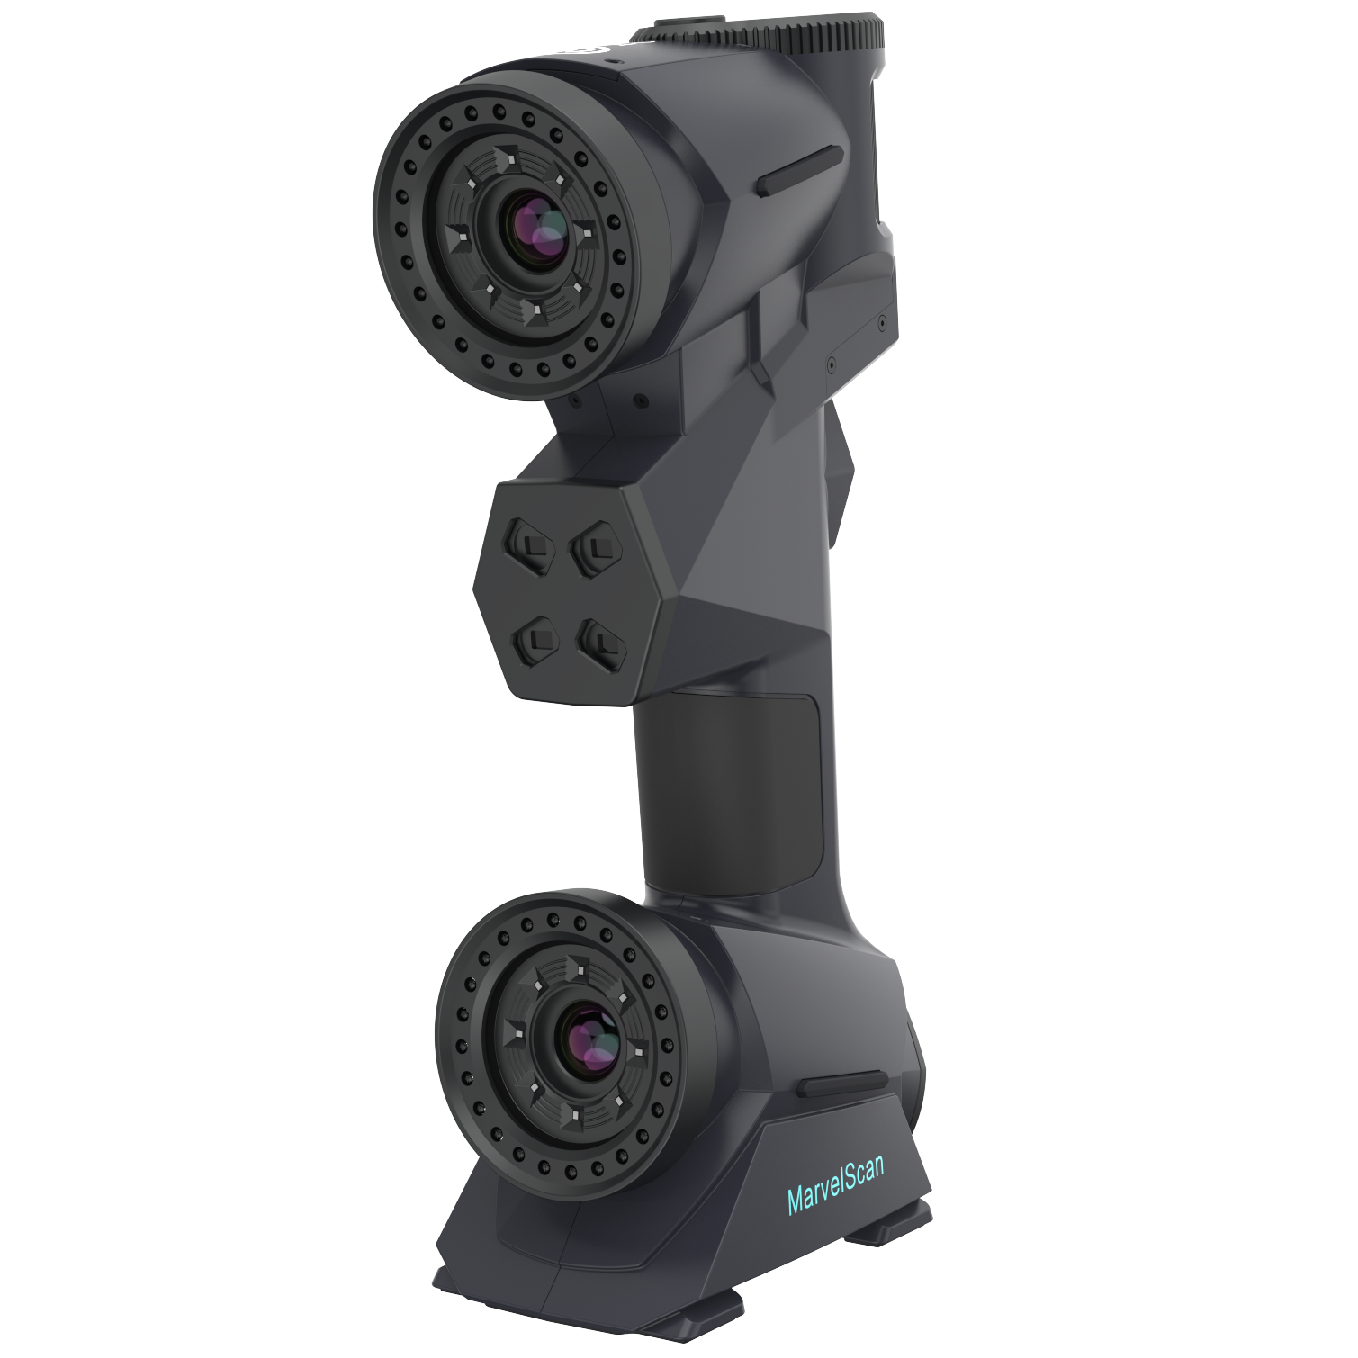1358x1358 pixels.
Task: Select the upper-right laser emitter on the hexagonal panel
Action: (x=594, y=545)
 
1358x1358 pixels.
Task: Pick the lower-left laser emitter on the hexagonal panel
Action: (x=536, y=639)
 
